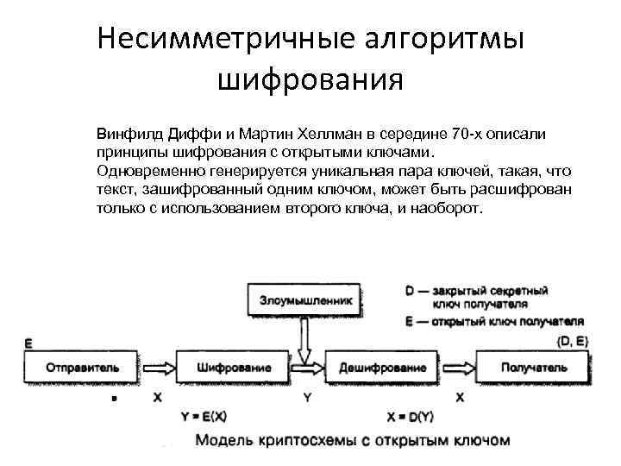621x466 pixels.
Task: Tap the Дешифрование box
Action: (382, 368)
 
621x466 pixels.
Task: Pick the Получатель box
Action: (542, 368)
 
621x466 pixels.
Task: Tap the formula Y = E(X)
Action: (204, 416)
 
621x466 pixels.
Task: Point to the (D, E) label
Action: (573, 342)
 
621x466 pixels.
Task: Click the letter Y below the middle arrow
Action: (306, 398)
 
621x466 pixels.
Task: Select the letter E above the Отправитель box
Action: (28, 344)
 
